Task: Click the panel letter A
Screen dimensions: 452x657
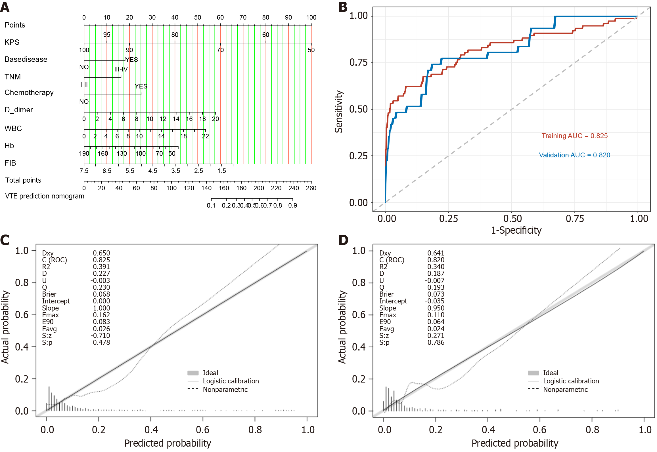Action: tap(5, 7)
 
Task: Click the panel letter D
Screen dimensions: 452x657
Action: tap(343, 240)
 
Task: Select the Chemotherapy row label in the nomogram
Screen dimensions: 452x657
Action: tap(29, 92)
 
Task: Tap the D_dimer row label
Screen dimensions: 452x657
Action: tap(19, 110)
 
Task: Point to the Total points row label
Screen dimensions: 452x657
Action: tap(23, 180)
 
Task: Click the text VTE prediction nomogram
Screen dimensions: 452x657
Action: tap(45, 196)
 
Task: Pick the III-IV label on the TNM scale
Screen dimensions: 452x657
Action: tap(121, 69)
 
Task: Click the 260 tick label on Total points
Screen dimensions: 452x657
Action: tap(311, 188)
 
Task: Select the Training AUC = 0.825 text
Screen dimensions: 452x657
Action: tap(574, 136)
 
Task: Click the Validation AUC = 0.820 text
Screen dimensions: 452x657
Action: tap(574, 155)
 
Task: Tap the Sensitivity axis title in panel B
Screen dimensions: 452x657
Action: tap(339, 111)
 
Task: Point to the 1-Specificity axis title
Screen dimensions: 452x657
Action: tap(516, 230)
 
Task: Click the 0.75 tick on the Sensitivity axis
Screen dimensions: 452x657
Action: tap(358, 62)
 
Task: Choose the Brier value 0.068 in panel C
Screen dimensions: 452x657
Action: tap(101, 294)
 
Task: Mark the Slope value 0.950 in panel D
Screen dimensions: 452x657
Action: tap(436, 308)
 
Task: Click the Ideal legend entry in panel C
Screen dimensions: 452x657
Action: tap(210, 373)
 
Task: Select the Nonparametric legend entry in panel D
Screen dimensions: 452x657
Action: tap(565, 389)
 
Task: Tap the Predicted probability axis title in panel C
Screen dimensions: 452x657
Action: tap(168, 443)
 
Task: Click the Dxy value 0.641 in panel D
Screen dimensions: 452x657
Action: tap(436, 253)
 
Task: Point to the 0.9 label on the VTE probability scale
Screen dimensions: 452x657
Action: tap(292, 205)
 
